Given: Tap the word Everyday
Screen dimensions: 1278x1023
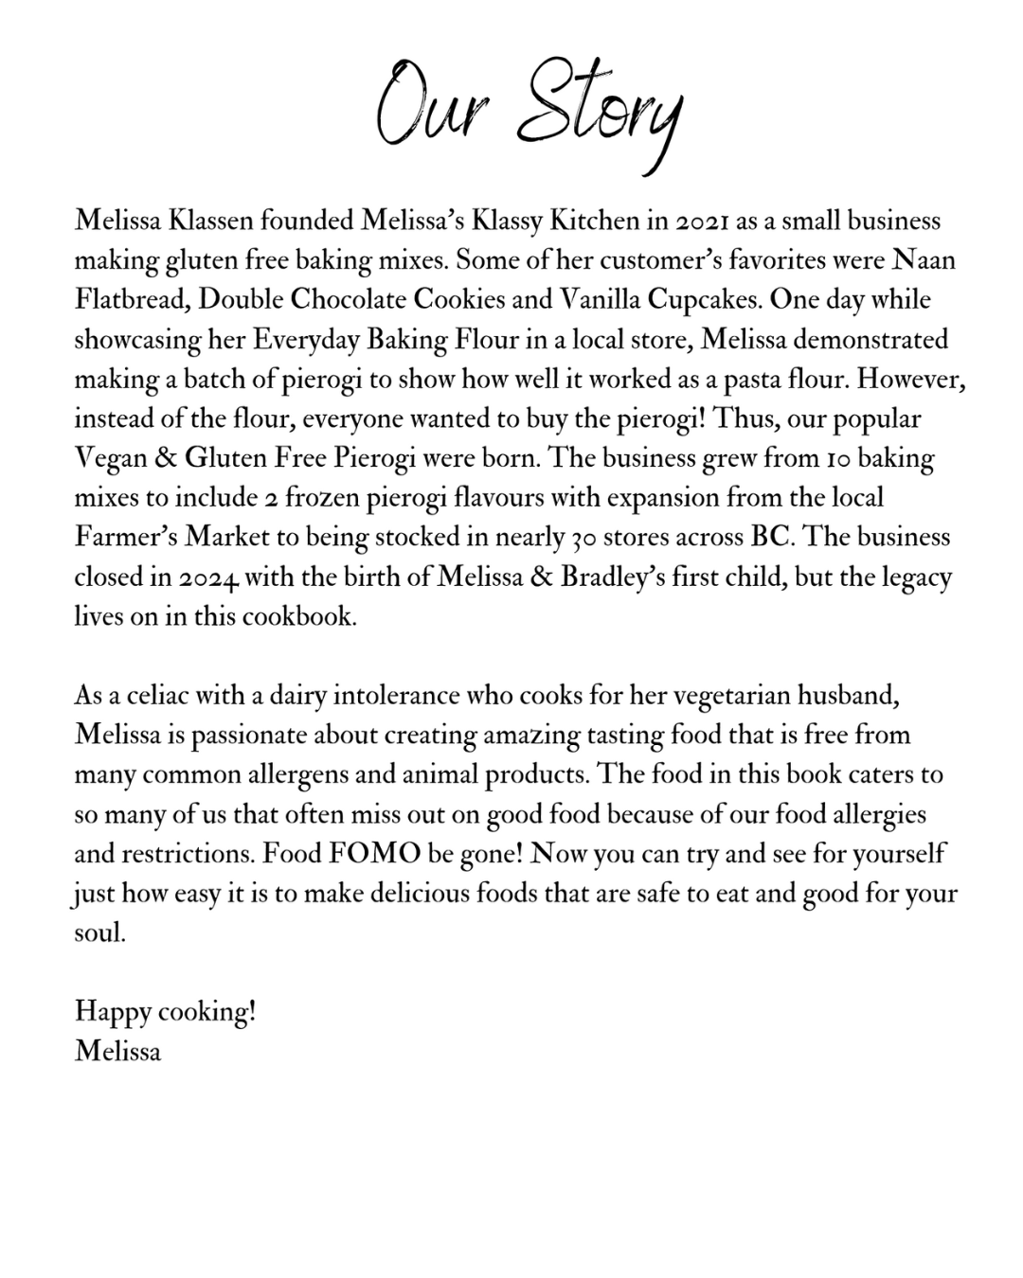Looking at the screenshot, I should pyautogui.click(x=306, y=340).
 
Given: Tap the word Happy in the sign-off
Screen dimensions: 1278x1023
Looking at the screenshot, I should pyautogui.click(x=113, y=1012).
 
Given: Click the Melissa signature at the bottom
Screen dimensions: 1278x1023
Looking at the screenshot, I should pyautogui.click(x=118, y=1051).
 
